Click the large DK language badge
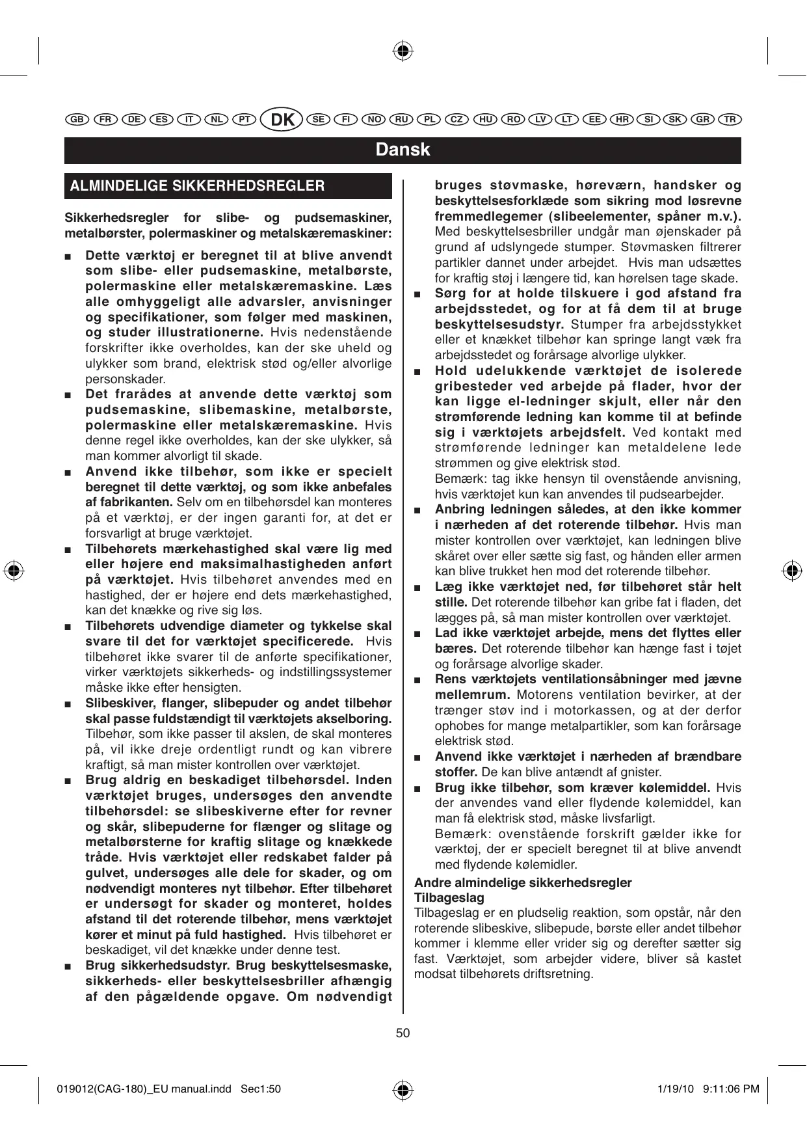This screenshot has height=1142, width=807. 282,120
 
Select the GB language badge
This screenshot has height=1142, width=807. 77,120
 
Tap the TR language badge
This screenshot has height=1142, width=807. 730,120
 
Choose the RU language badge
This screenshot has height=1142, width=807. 401,120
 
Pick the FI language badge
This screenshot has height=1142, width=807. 346,120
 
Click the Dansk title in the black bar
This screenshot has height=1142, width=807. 403,150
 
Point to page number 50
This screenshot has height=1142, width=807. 403,1033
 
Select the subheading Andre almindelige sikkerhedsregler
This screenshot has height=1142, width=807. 523,882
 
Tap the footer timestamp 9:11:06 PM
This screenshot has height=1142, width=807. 732,1089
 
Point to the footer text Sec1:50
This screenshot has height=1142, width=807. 261,1089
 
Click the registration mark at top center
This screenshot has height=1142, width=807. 403,50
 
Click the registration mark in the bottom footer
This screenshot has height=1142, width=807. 403,1089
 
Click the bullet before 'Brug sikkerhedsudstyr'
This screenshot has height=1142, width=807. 68,966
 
